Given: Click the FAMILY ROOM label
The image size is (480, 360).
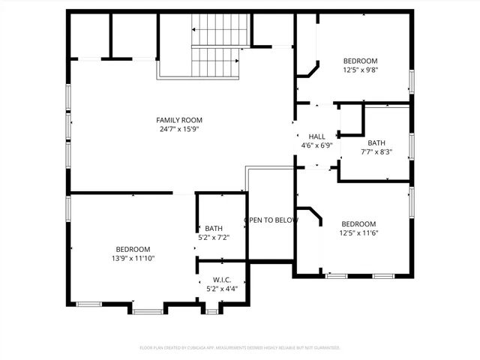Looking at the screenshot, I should point(179,120).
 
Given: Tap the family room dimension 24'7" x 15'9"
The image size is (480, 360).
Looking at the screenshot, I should point(179,129).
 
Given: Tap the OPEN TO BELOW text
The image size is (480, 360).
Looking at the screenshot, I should point(271,220).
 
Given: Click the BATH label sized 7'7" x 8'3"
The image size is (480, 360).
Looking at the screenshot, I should point(376,142).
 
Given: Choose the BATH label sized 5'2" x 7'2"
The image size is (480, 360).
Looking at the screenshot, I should point(214,229).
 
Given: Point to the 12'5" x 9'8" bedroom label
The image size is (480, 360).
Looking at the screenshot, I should point(360,61).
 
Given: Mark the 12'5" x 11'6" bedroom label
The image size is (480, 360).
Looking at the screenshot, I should point(358,224).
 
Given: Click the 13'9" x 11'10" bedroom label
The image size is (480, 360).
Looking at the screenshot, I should point(133,250).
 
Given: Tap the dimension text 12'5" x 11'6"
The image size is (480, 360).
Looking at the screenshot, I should point(358,233).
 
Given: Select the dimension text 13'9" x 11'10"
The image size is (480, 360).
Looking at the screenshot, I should point(133,259).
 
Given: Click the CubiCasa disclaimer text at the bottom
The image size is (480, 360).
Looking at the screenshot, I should point(240,348).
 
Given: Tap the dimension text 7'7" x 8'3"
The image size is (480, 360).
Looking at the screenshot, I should point(376,151).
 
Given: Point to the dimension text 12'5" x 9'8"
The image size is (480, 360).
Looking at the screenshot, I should point(360,70).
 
